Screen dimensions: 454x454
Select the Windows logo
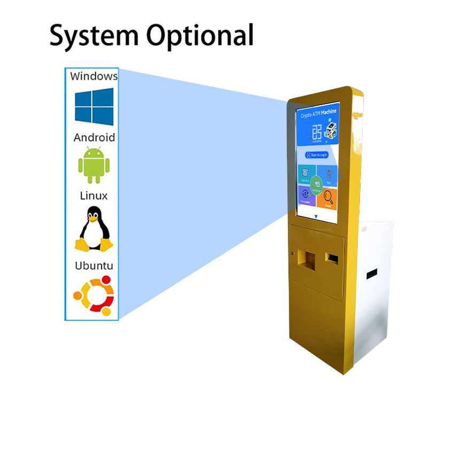(x=94, y=106)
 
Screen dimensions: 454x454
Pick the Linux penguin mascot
(x=94, y=230)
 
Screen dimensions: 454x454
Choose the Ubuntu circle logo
(x=94, y=295)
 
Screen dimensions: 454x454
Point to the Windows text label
(x=94, y=76)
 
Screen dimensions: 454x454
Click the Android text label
(x=94, y=137)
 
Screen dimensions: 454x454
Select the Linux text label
(x=94, y=196)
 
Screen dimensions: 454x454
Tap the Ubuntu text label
(x=94, y=265)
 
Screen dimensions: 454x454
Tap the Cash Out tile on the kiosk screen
(x=306, y=175)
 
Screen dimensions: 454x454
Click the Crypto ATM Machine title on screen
(x=318, y=114)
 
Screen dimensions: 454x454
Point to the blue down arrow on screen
(x=316, y=216)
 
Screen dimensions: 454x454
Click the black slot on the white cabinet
(x=372, y=272)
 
